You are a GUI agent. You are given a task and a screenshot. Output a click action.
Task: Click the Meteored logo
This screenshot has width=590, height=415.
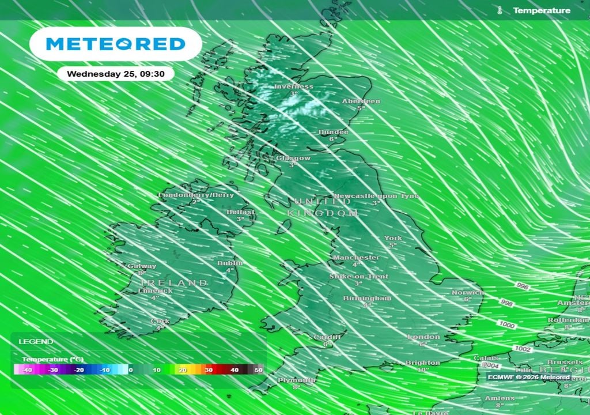click(115, 44)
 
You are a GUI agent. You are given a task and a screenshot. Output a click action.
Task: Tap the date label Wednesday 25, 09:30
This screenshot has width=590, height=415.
click(115, 74)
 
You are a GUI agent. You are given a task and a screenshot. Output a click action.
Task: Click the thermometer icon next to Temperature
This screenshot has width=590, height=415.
click(500, 10)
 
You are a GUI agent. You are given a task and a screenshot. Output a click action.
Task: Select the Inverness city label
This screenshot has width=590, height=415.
click(294, 86)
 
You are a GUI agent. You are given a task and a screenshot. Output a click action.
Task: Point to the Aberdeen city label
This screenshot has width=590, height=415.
click(361, 101)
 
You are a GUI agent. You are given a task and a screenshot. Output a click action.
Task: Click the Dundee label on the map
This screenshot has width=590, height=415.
click(333, 132)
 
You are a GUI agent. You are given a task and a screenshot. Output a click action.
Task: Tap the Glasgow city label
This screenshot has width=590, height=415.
click(293, 158)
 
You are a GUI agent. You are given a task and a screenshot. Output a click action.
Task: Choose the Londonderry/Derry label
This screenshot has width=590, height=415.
click(196, 195)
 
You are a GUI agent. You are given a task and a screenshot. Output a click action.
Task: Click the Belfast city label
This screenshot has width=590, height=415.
click(240, 212)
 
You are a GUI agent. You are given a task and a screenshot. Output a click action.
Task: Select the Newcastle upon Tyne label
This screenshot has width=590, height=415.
click(376, 196)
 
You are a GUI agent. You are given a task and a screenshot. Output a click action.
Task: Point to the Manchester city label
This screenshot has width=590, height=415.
click(356, 258)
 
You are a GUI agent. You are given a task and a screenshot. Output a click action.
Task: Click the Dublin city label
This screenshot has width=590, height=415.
click(230, 263)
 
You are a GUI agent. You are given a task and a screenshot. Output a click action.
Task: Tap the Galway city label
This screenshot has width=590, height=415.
click(142, 266)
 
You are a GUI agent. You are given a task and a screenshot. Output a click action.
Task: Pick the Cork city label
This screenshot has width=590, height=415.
click(160, 321)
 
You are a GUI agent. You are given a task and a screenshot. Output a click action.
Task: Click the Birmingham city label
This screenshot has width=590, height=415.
click(367, 299)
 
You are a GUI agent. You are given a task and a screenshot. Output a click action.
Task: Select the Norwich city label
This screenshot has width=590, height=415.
click(467, 293)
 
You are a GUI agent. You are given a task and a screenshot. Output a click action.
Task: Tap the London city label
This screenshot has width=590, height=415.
click(423, 337)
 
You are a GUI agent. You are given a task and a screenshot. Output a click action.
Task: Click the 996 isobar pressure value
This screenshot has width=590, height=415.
click(523, 286)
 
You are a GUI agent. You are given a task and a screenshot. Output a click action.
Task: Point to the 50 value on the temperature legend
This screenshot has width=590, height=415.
click(258, 370)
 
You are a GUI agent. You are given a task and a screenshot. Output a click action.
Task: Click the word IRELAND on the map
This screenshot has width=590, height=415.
click(175, 283)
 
